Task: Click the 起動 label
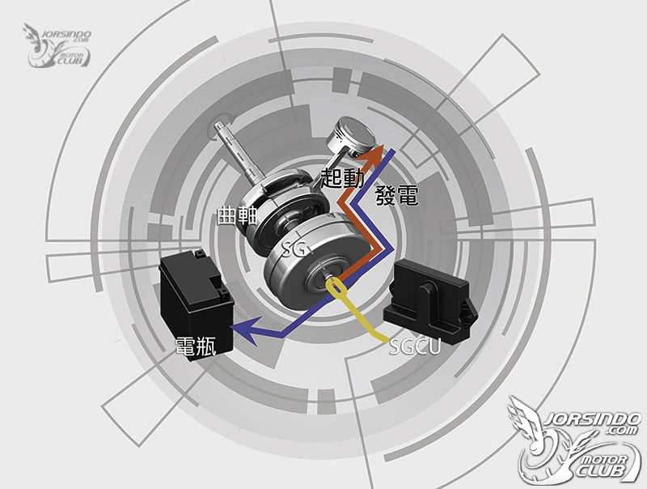point(342,178)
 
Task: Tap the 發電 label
point(396,195)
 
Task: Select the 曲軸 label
point(237,215)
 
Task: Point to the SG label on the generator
point(294,249)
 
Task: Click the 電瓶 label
point(196,346)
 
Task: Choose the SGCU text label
point(415,347)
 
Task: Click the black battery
point(197,304)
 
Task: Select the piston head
point(352,135)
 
